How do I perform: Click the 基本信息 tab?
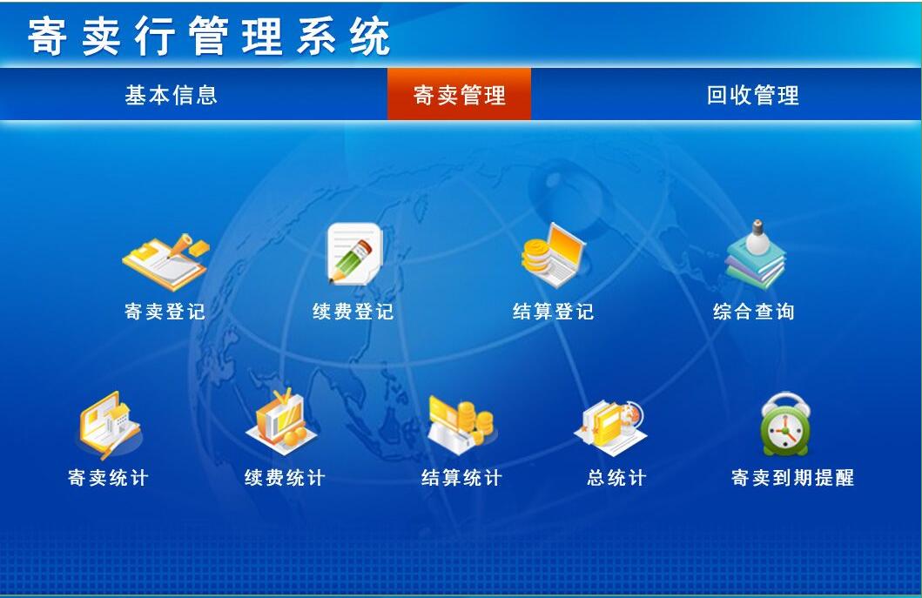click(171, 95)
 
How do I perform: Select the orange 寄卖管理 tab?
click(459, 94)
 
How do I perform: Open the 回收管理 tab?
click(752, 95)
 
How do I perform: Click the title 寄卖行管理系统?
click(209, 37)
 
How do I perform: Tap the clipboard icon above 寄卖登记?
click(165, 262)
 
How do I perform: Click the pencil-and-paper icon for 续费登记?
click(354, 253)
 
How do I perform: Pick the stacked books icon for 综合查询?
click(756, 256)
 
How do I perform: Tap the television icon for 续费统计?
click(281, 421)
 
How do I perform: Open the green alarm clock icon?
click(785, 425)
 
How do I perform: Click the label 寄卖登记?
click(165, 311)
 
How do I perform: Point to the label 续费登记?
click(353, 311)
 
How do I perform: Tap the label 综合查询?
click(754, 311)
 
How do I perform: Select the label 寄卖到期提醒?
click(792, 478)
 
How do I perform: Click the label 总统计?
click(616, 478)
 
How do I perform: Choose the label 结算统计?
click(461, 478)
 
